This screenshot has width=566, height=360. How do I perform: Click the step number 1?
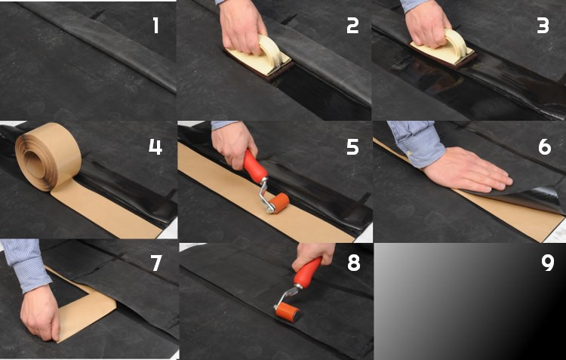[x=155, y=26]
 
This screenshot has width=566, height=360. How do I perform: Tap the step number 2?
[x=352, y=26]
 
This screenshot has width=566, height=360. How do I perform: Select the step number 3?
[x=543, y=26]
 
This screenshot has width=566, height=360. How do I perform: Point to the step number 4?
[x=155, y=147]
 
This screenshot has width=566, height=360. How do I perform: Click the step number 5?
[x=352, y=147]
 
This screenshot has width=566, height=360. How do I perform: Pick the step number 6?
[x=545, y=147]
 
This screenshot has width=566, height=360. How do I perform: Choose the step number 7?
[x=156, y=263]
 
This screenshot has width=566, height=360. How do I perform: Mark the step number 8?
[x=353, y=263]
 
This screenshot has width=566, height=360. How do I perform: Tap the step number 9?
[x=548, y=263]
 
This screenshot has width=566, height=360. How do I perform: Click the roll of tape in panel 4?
[x=48, y=155]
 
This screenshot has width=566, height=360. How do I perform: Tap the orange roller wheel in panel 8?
[x=288, y=312]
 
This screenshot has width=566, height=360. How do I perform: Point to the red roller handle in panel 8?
[x=307, y=272]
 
